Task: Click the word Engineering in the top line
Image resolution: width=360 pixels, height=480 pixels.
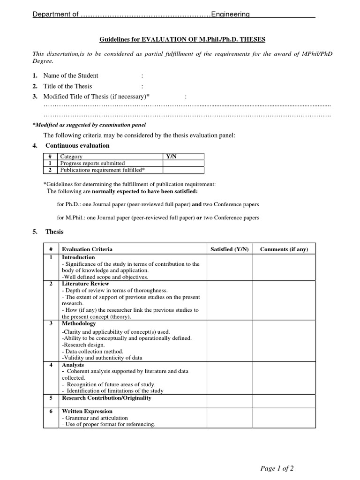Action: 230,14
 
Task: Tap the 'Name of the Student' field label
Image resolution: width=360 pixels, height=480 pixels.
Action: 71,75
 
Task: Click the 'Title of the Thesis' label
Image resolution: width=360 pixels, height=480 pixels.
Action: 67,86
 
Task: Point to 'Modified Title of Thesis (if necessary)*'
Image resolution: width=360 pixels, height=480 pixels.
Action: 97,97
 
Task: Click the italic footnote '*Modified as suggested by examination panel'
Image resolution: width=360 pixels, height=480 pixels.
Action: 89,125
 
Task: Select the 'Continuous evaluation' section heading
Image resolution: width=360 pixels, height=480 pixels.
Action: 77,146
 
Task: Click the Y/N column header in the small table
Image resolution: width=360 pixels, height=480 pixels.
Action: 172,157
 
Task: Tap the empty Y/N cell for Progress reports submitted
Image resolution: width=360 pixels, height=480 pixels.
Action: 183,163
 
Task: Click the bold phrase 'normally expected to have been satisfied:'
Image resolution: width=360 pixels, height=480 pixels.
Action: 145,192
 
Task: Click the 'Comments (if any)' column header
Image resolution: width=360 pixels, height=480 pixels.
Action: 284,249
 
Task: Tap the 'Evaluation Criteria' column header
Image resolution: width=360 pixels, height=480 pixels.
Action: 87,249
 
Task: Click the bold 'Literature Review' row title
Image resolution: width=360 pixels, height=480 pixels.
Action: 85,284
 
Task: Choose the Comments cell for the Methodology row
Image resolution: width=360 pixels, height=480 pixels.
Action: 284,341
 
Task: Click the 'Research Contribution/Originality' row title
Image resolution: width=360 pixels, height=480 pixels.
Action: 106,398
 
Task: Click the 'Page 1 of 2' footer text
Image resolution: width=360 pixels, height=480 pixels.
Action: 277,468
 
